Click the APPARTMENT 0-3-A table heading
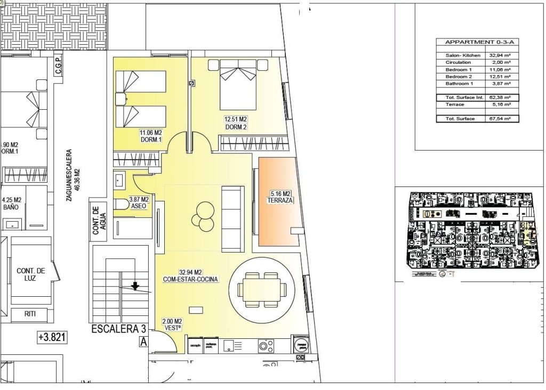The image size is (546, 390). click(x=473, y=42)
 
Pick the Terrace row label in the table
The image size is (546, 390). click(x=455, y=105)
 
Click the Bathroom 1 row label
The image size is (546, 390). click(x=459, y=84)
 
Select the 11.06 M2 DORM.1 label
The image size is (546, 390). click(x=151, y=136)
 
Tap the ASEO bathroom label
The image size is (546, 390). click(x=139, y=202)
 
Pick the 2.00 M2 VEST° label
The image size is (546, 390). click(x=172, y=325)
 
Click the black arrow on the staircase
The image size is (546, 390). click(x=135, y=286)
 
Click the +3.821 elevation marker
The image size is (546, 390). click(x=53, y=337)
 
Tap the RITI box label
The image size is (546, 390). click(x=30, y=314)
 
